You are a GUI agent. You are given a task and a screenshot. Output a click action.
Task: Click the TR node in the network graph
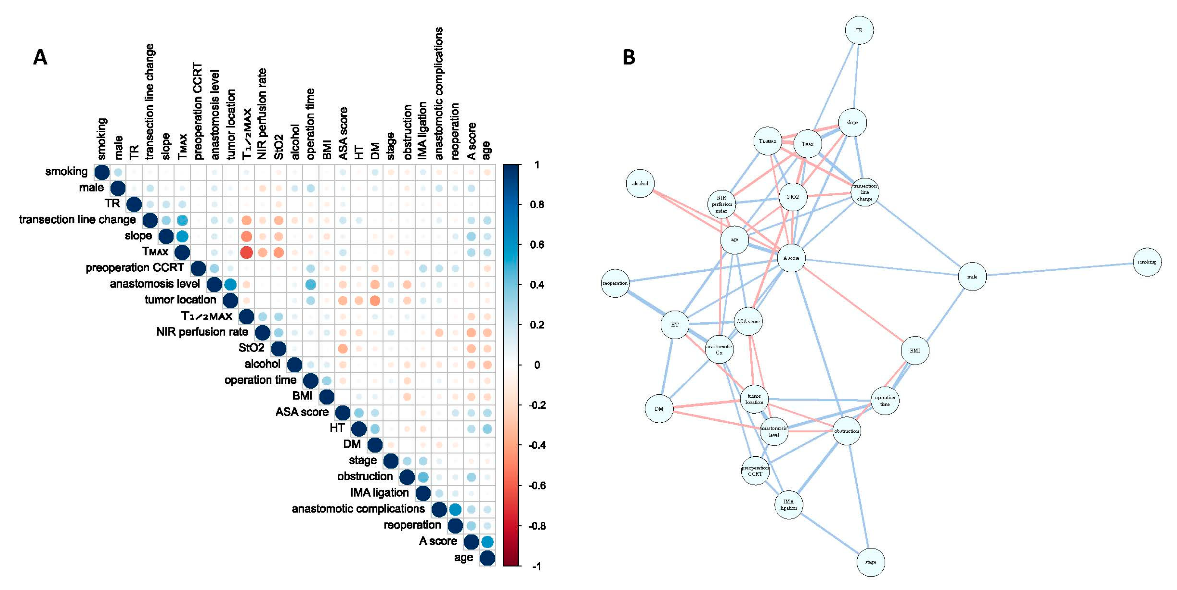(859, 31)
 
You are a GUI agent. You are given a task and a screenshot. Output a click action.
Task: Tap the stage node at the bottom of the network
(870, 562)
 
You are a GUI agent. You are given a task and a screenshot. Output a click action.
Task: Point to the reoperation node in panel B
(615, 283)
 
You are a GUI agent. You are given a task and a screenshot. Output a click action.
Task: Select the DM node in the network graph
(659, 409)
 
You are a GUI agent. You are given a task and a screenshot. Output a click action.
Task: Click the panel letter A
(40, 58)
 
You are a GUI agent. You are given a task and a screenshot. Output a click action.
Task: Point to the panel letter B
(629, 58)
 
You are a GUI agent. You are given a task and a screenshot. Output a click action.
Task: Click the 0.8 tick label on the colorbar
(537, 204)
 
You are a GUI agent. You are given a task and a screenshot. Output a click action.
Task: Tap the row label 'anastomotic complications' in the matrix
(358, 509)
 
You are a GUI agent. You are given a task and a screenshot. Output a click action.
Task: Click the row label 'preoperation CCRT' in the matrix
(135, 267)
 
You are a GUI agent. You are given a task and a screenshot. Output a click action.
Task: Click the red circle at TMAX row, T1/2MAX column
(246, 252)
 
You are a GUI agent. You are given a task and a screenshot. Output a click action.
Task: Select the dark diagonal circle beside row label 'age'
(487, 558)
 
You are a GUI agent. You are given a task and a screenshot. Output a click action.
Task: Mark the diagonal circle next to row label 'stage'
(391, 461)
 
